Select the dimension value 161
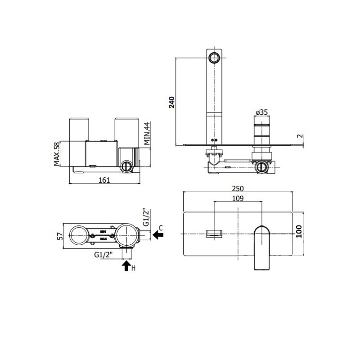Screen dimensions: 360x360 click(104, 179)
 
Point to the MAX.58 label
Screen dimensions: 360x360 click(57, 154)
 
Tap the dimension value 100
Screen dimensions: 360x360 click(299, 232)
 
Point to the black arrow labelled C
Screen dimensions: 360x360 click(158, 234)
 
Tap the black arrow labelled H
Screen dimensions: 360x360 click(126, 266)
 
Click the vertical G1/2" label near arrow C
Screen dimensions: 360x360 click(146, 217)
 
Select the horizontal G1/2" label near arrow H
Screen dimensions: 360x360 click(106, 255)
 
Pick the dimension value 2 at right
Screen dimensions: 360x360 click(298, 135)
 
